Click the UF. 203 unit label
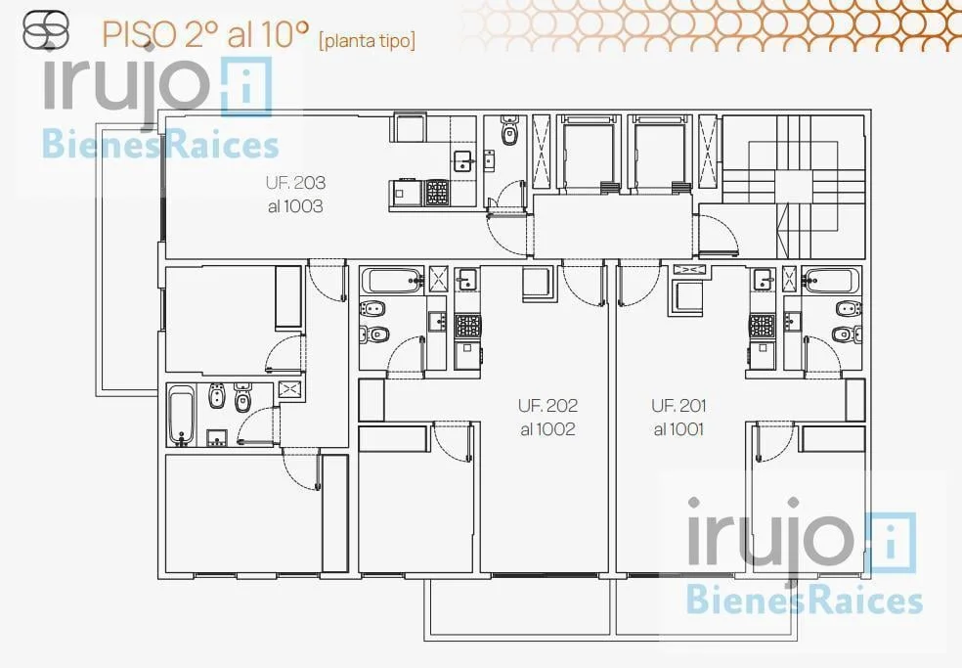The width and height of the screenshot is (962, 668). tap(295, 183)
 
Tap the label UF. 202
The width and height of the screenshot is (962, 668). tap(547, 406)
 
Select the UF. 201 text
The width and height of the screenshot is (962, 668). tap(679, 406)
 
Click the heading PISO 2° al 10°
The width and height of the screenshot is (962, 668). tap(205, 34)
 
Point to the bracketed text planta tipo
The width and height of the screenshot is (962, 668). tap(367, 40)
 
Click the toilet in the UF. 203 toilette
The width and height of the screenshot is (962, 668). tap(509, 129)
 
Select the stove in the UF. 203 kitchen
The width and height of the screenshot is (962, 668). tap(437, 192)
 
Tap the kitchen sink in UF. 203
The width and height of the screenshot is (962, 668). tap(463, 160)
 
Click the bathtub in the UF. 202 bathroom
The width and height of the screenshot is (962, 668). tap(393, 281)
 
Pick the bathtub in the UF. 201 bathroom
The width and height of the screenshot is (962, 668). tap(830, 281)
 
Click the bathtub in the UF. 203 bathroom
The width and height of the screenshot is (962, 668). tap(181, 415)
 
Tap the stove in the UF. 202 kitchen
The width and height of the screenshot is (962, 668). tap(467, 326)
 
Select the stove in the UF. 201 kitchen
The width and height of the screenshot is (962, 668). tap(762, 326)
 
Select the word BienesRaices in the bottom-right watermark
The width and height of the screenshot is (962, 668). tap(804, 600)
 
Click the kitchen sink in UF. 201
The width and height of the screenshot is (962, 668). tap(764, 280)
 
